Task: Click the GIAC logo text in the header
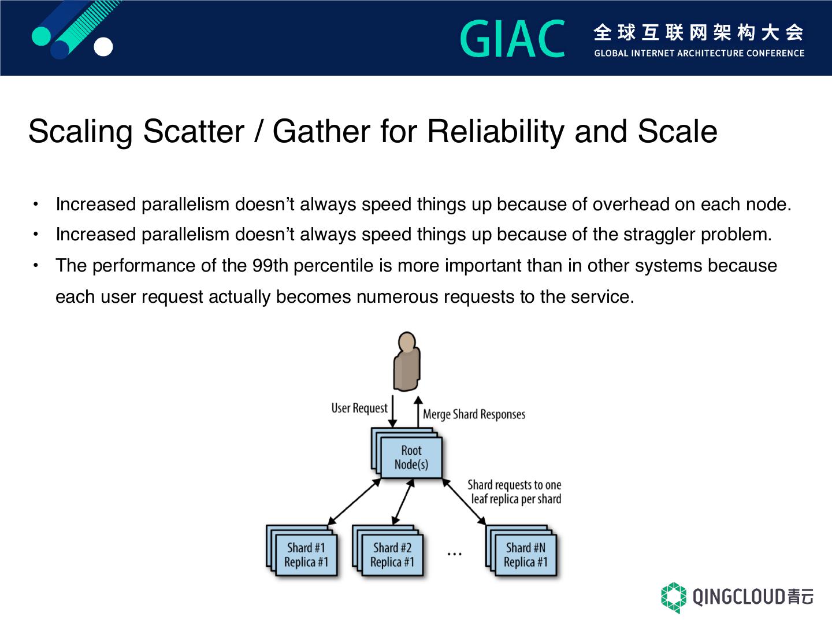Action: (512, 39)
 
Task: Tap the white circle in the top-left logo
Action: (103, 47)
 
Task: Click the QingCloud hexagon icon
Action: (673, 597)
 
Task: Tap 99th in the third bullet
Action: (271, 266)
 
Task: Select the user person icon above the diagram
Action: (407, 362)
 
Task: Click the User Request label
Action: (359, 408)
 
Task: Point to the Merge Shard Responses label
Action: (474, 414)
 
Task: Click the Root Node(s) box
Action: (411, 458)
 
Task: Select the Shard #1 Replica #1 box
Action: (306, 555)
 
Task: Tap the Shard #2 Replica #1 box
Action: (392, 555)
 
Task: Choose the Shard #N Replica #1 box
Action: (525, 555)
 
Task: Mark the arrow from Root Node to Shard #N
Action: (465, 501)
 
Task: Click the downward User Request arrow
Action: (392, 411)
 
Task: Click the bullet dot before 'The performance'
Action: (36, 266)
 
